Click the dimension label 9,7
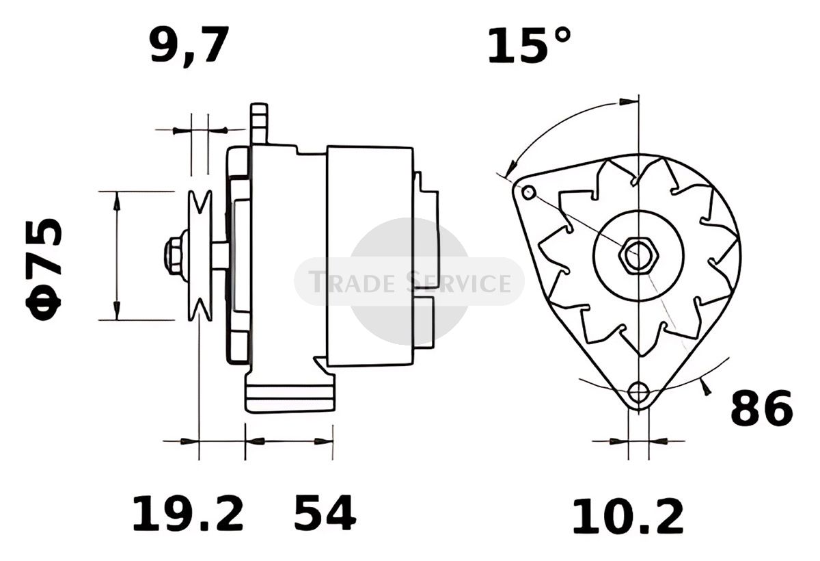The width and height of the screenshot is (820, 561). pos(189,45)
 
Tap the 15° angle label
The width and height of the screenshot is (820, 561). pos(529,44)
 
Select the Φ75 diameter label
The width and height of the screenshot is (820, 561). pos(44,270)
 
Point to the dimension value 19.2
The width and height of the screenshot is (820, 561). pos(188,513)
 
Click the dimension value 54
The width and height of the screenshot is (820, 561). pos(325,513)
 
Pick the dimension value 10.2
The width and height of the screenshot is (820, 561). pos(628,517)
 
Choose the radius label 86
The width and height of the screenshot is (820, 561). pos(761,408)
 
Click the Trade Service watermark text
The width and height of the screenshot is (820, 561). pos(409,281)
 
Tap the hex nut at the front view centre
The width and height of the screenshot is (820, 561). pos(638,255)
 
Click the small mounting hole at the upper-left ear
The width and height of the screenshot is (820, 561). pos(529,192)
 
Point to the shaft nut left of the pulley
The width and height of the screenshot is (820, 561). pos(176,255)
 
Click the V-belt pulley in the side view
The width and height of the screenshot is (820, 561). pos(200,256)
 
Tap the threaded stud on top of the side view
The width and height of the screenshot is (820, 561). pos(259,124)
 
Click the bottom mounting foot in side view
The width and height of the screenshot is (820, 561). pos(290,398)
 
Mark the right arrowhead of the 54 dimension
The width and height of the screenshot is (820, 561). pos(324,441)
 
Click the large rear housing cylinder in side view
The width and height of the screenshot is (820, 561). pos(370,256)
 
